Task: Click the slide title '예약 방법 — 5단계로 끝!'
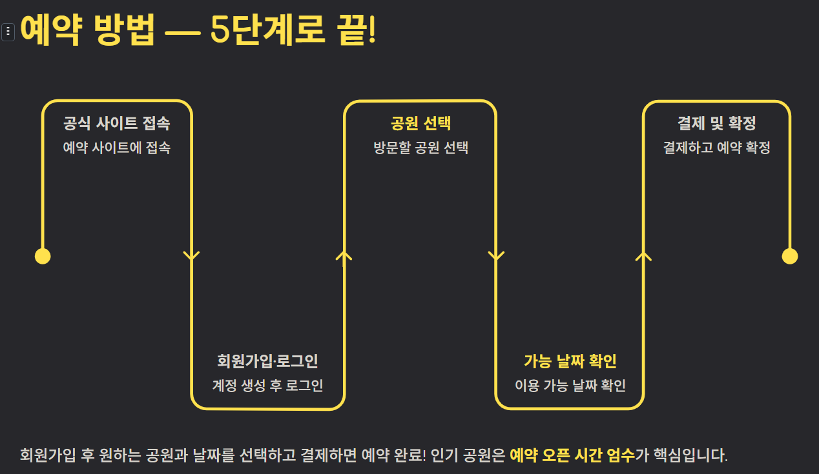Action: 198,30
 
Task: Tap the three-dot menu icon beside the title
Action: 8,31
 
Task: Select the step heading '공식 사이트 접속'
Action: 117,123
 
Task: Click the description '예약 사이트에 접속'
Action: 117,148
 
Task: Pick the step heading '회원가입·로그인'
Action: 267,361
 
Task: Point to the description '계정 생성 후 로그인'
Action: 267,386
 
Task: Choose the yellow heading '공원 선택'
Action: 420,123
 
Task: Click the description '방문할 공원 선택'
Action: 420,148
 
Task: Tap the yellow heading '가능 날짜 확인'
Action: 570,361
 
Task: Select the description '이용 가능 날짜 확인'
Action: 570,386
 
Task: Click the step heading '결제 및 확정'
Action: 716,123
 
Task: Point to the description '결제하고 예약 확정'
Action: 716,148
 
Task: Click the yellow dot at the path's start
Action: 43,256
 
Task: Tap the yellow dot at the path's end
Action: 790,256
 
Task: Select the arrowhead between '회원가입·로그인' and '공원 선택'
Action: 344,256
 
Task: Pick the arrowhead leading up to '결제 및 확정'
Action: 643,256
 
